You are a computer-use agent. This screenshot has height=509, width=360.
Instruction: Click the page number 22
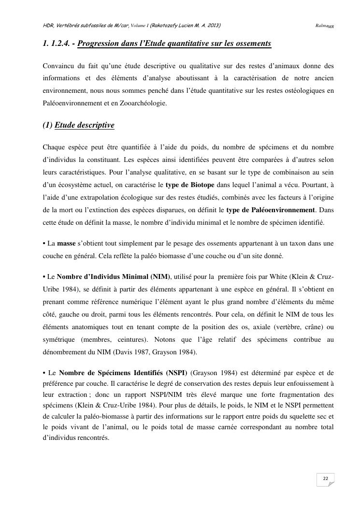(x=325, y=479)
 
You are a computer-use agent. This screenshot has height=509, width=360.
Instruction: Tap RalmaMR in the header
(x=325, y=25)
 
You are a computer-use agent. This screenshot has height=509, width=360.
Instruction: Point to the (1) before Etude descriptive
(x=48, y=126)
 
